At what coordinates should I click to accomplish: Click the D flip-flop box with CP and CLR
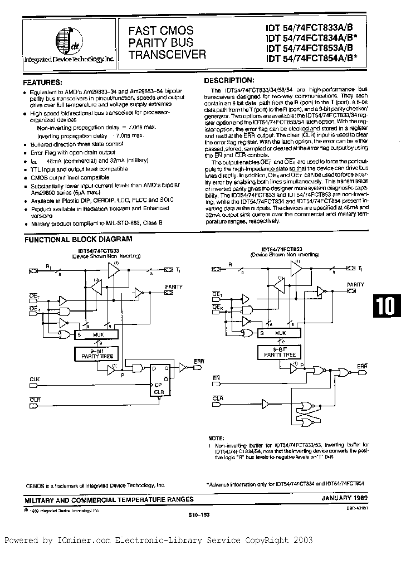pyautogui.click(x=159, y=380)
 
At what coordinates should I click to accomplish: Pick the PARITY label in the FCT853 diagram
pyautogui.click(x=355, y=284)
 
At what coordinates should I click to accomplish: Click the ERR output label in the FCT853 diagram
pyautogui.click(x=362, y=365)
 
